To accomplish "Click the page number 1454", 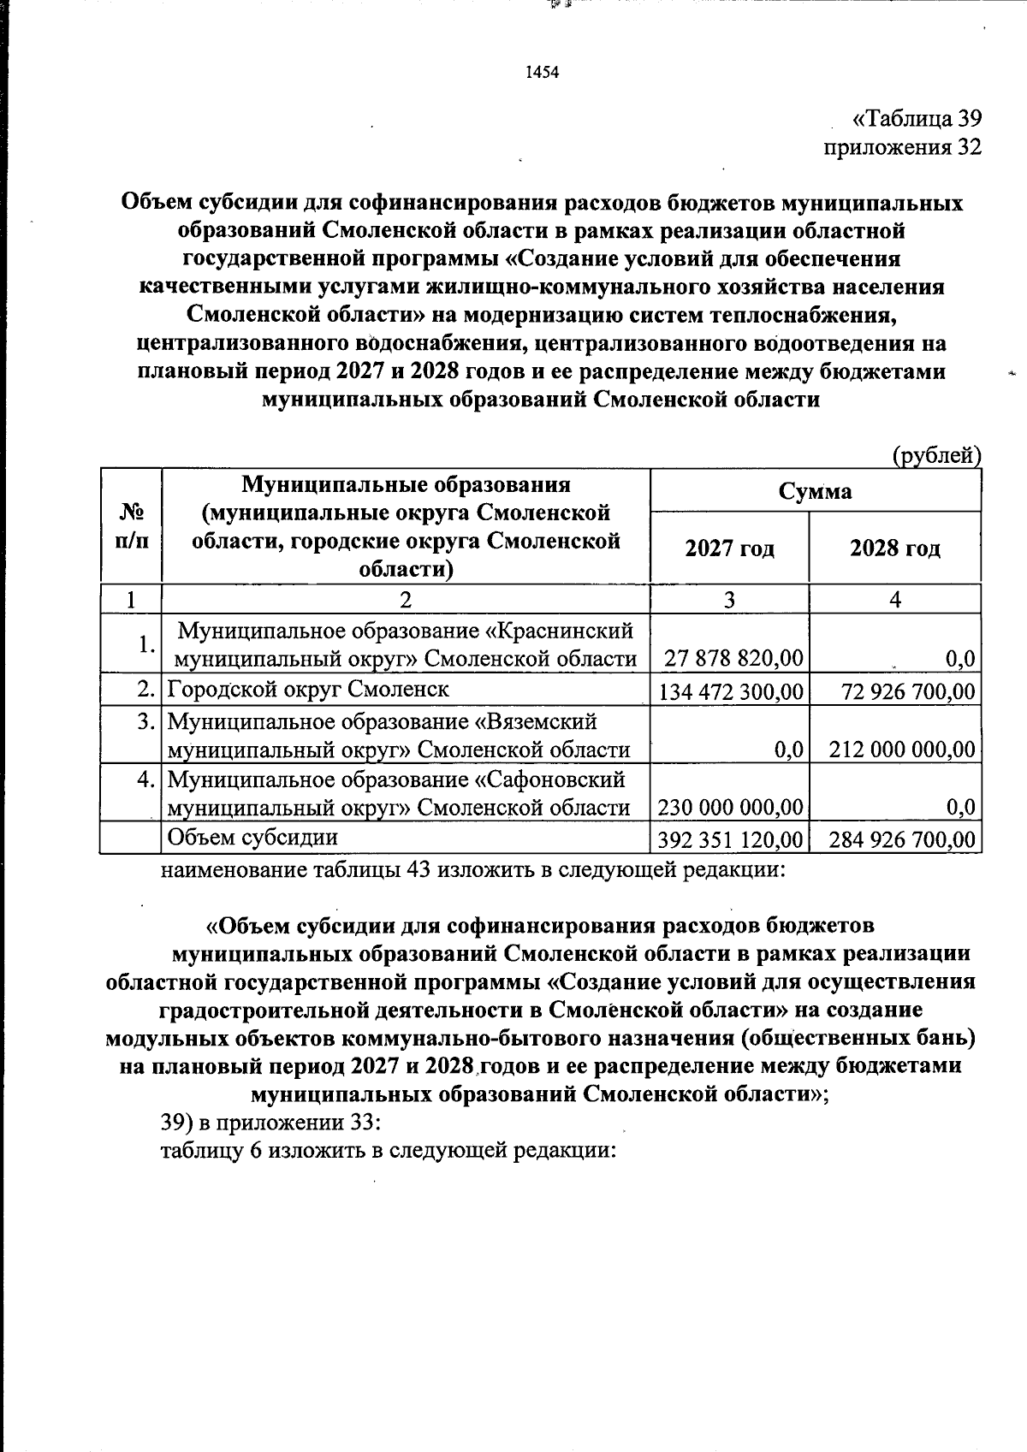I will pyautogui.click(x=541, y=73).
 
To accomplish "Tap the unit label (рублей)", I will pyautogui.click(x=936, y=455).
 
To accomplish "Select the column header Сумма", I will pyautogui.click(x=815, y=491).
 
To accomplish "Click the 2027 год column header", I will pyautogui.click(x=729, y=548).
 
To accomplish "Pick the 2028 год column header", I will pyautogui.click(x=894, y=548).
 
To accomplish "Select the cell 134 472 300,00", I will pyautogui.click(x=730, y=690).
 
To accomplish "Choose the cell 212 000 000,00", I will pyautogui.click(x=902, y=750).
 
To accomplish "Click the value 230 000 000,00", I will pyautogui.click(x=730, y=807).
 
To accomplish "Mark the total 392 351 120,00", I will pyautogui.click(x=730, y=839).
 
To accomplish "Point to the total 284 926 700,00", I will pyautogui.click(x=902, y=839).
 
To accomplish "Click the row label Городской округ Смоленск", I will pyautogui.click(x=308, y=689).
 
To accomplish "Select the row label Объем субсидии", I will pyautogui.click(x=252, y=838).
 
